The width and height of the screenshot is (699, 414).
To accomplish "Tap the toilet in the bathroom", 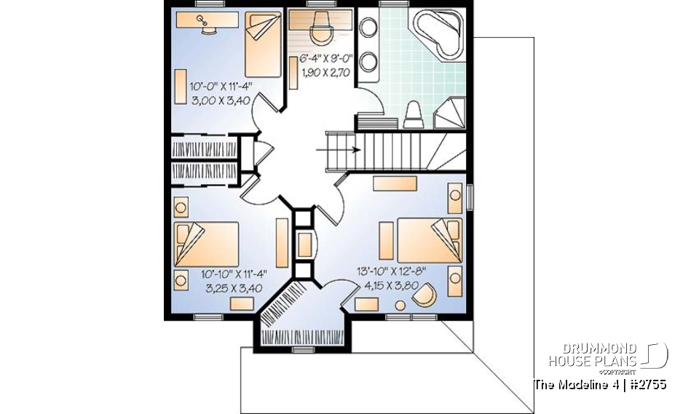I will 414,114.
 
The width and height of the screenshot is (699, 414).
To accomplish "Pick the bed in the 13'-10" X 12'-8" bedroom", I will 419,239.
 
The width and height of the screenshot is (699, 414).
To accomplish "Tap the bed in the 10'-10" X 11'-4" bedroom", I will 207,244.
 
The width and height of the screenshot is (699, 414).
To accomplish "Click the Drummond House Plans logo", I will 608,356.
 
